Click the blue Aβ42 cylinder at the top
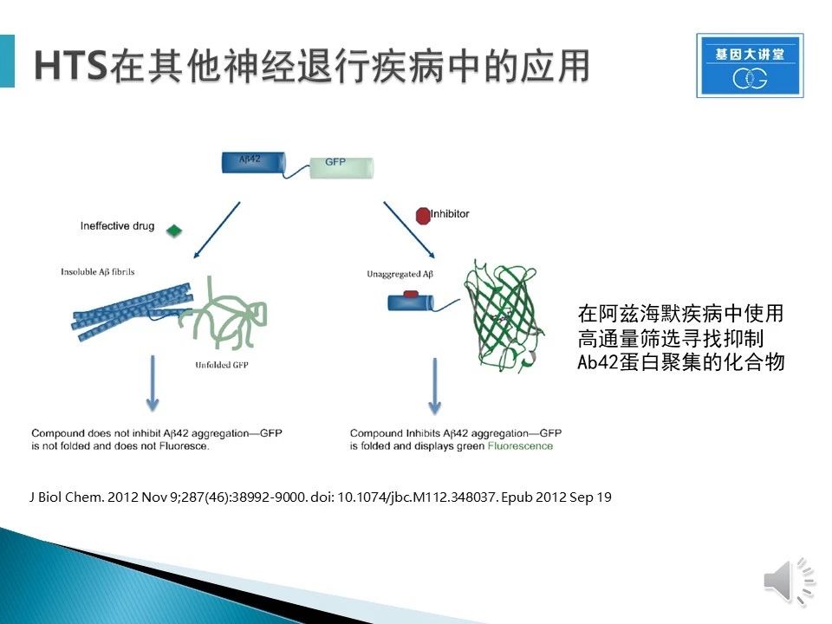tap(254, 163)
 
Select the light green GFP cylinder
tap(341, 167)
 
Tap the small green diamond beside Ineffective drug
tap(174, 231)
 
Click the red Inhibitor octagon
tap(423, 216)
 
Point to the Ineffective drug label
tap(117, 226)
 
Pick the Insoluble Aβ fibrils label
tap(98, 271)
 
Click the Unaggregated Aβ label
tap(400, 274)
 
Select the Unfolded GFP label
tap(222, 365)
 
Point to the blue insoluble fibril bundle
tap(132, 313)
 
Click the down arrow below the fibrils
tap(153, 383)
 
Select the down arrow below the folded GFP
tap(435, 386)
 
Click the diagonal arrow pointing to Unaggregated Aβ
tap(409, 230)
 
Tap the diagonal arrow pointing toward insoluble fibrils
tap(217, 230)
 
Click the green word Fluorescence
tap(520, 446)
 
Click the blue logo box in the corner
tap(750, 66)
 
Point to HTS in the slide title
tap(70, 67)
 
